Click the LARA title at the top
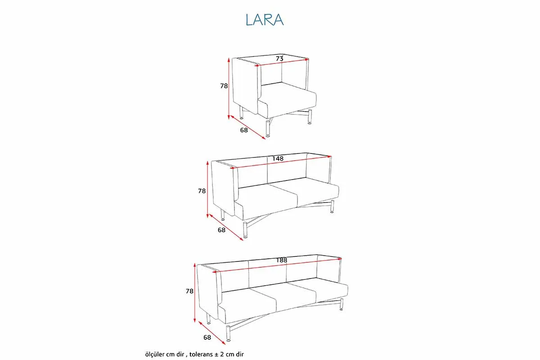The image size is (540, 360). (x=265, y=19)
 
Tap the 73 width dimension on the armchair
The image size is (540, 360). (x=279, y=58)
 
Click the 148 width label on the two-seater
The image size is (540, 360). (x=278, y=159)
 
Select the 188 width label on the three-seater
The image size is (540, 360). (x=282, y=260)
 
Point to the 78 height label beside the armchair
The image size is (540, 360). (x=224, y=86)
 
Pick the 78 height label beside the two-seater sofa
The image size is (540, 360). (x=202, y=191)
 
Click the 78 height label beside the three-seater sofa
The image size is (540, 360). (x=189, y=291)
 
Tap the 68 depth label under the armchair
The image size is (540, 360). (x=244, y=130)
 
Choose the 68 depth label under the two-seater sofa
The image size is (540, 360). (x=221, y=230)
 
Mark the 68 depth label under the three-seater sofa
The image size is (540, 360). (x=207, y=337)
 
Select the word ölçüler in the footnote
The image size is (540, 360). (x=154, y=354)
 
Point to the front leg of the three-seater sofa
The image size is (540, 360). (x=228, y=333)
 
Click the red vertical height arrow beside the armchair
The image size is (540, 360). (x=229, y=89)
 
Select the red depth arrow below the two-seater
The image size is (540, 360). (x=226, y=227)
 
